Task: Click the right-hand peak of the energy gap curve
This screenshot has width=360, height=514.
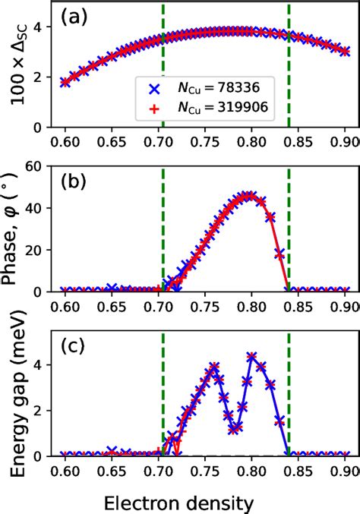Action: coord(251,355)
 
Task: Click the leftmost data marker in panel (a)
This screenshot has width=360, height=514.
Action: coord(65,81)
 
